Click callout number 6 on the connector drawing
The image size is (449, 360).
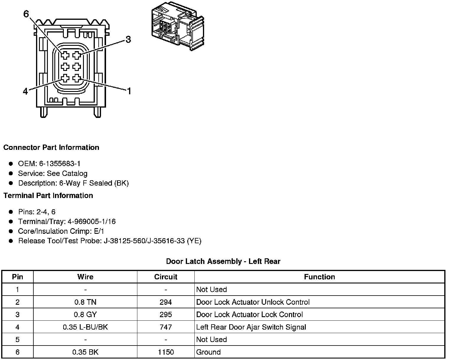[x=26, y=14]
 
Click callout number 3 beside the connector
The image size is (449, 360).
[x=128, y=40]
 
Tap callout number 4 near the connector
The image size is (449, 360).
[x=25, y=91]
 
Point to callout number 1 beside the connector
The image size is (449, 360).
[x=129, y=91]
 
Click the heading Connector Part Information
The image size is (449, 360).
[x=51, y=147]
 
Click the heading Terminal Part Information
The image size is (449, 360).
[x=48, y=195]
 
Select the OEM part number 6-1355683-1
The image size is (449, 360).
[x=60, y=163]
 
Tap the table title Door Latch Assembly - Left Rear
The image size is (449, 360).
[x=223, y=261]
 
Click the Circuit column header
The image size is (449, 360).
[x=166, y=277]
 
